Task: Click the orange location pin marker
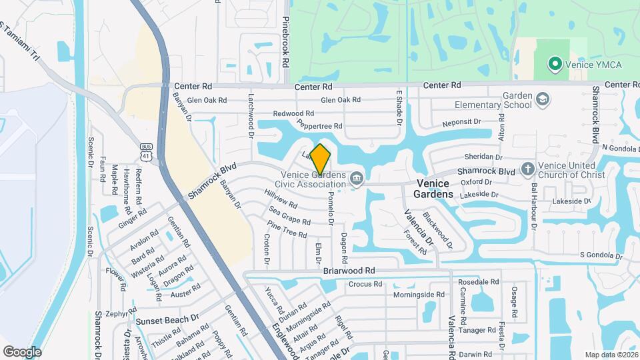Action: click(321, 159)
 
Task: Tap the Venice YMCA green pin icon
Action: click(554, 65)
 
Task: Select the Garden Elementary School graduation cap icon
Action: click(543, 100)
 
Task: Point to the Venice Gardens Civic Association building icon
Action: click(357, 178)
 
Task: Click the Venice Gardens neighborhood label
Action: click(435, 188)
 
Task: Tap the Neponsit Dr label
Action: click(461, 123)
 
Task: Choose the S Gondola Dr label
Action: click(601, 255)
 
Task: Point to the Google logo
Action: click(22, 351)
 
